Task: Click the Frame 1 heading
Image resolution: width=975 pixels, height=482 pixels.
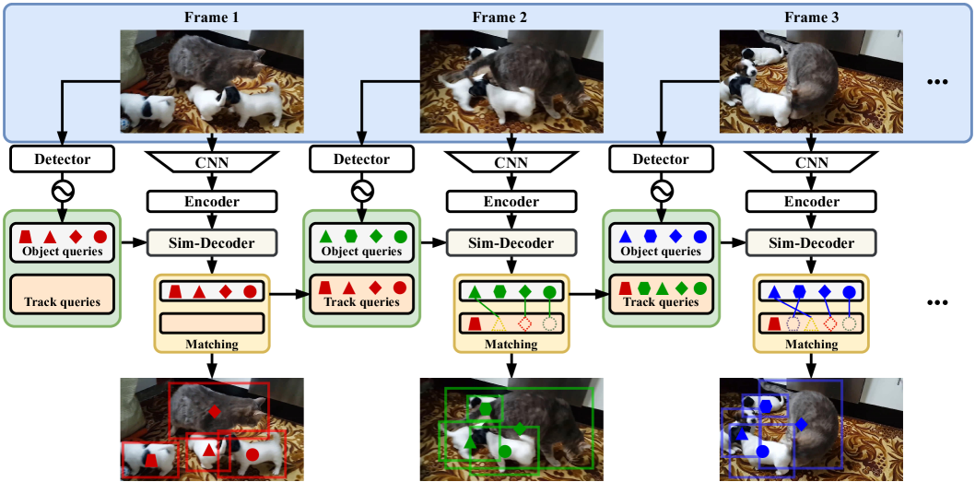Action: click(213, 17)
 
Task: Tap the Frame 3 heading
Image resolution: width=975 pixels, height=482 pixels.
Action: click(811, 17)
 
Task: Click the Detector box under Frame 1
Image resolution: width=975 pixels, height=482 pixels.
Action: click(64, 159)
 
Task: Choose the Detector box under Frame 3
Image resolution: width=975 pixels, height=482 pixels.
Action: click(661, 159)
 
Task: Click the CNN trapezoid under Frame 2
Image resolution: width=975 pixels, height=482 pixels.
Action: click(511, 164)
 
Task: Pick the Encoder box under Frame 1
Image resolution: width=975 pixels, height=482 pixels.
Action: click(213, 202)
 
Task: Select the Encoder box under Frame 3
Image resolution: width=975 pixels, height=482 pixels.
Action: click(811, 202)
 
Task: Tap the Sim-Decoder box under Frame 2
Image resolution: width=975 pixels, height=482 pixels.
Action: click(511, 243)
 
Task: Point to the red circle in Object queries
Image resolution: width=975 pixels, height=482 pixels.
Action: click(100, 237)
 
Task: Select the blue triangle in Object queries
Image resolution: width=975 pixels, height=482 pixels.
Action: click(626, 237)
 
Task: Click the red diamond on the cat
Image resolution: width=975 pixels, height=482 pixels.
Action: click(215, 412)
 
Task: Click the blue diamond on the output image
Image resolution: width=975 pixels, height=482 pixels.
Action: click(802, 424)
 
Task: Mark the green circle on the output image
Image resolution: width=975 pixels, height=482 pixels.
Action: click(506, 452)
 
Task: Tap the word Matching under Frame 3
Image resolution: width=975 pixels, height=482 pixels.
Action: click(811, 345)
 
